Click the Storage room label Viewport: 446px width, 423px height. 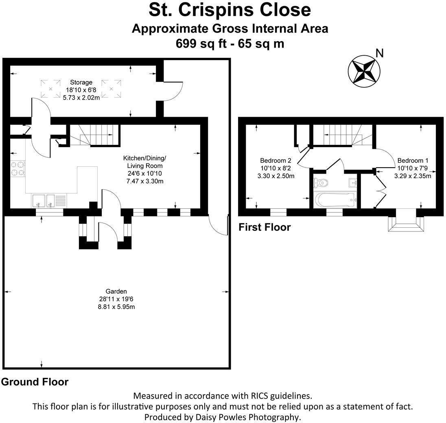[x=81, y=83]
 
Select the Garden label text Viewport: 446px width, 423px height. [x=116, y=291]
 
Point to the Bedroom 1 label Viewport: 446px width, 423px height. [x=413, y=161]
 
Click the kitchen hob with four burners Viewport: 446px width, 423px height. [x=18, y=169]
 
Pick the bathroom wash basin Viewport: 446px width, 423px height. [x=352, y=182]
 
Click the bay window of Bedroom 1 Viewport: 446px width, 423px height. [x=406, y=221]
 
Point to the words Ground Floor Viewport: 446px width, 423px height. [x=35, y=382]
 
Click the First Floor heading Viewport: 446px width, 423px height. [x=265, y=227]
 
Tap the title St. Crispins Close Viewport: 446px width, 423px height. [x=230, y=10]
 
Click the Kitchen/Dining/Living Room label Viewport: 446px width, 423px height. [x=144, y=161]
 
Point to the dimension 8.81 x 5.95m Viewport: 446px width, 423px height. [x=116, y=307]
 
